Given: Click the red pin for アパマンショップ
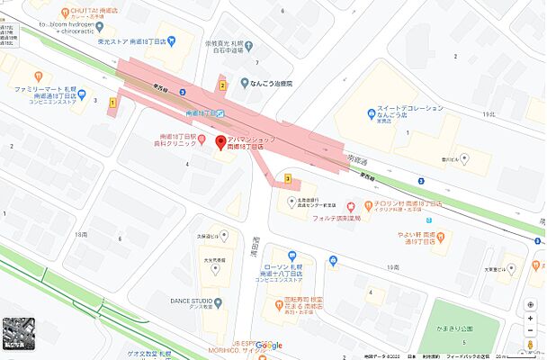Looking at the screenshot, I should click(217, 141).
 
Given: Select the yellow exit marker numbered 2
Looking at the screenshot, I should click(221, 85).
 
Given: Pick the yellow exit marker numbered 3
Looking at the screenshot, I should click(287, 179).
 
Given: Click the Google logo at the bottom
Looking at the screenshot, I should click(268, 346).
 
